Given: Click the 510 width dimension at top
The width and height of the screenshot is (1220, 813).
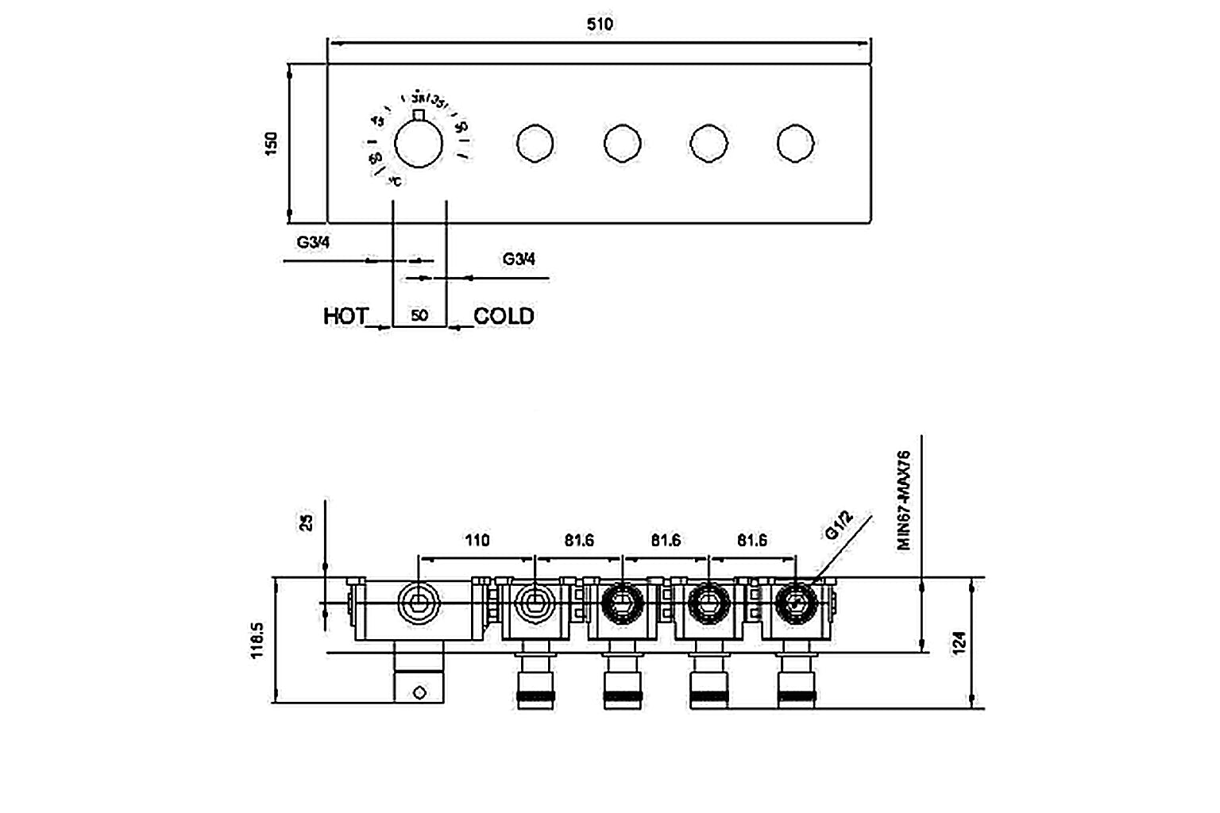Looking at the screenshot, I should point(600,24).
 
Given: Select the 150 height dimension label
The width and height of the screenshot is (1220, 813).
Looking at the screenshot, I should point(272,143).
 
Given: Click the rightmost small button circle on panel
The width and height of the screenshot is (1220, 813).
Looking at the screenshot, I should point(795,143).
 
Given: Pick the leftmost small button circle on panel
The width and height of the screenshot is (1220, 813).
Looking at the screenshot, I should point(535,143).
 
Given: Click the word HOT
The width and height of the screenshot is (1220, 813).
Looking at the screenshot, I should point(346,316).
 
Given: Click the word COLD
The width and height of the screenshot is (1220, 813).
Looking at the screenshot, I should point(504,316).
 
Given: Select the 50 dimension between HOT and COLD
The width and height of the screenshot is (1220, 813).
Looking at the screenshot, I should point(419,316).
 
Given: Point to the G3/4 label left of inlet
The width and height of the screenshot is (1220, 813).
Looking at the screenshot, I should point(313,242).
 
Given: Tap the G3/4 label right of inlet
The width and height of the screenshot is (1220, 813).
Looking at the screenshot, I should point(519,259).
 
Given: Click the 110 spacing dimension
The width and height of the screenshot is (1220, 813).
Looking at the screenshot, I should point(477,541).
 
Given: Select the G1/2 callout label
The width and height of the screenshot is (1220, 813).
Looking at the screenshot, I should point(839,525).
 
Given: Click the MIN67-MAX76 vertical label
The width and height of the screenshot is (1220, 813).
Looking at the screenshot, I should point(904,500).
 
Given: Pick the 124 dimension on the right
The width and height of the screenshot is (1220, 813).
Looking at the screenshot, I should point(959,642).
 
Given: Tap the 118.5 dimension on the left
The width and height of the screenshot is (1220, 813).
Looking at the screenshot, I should point(257,640).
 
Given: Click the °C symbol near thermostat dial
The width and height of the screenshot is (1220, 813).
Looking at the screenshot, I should point(395,182).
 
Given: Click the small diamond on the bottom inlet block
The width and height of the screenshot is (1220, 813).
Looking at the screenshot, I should point(419,693).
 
